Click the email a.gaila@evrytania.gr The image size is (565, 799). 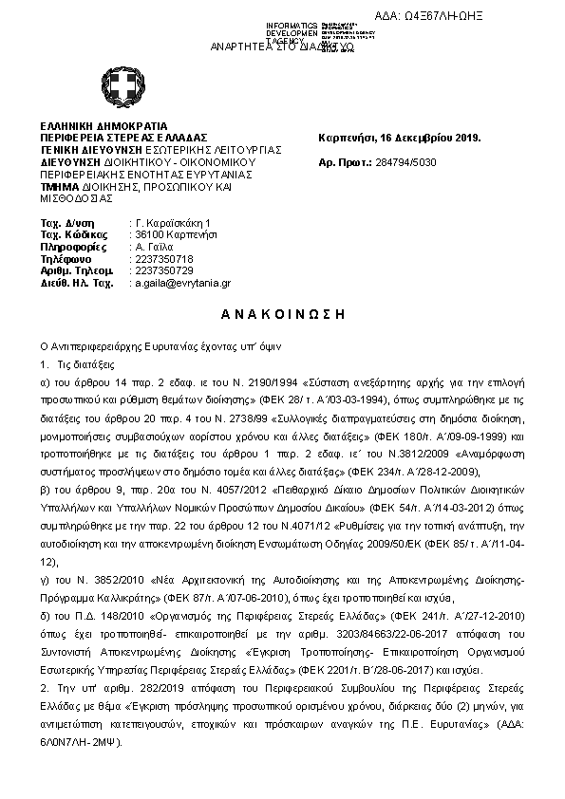[x=181, y=283]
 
